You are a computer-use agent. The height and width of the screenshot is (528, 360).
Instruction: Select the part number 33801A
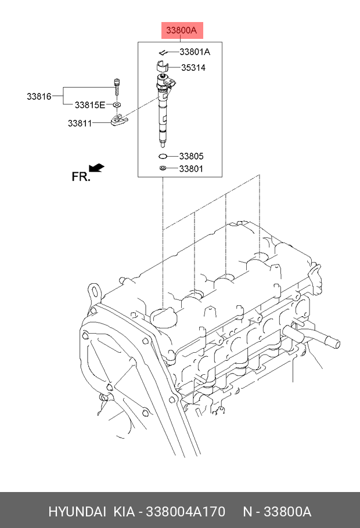(190, 52)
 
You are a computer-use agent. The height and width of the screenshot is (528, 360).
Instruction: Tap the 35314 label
(193, 67)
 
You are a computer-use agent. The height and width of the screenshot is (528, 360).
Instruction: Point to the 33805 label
(191, 156)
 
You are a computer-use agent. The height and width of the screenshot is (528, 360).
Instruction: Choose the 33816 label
(39, 96)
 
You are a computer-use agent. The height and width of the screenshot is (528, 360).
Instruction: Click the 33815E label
(89, 105)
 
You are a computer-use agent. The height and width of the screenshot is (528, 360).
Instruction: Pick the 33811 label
(80, 123)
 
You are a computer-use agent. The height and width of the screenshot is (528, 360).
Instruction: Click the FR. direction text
(81, 176)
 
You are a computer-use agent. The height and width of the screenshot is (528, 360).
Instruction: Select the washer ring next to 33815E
(117, 104)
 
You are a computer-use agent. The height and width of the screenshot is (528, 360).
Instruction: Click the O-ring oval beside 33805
(164, 156)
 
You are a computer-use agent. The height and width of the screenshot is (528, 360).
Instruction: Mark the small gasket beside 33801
(164, 168)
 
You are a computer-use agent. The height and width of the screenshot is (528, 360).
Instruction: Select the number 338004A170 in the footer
(184, 512)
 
